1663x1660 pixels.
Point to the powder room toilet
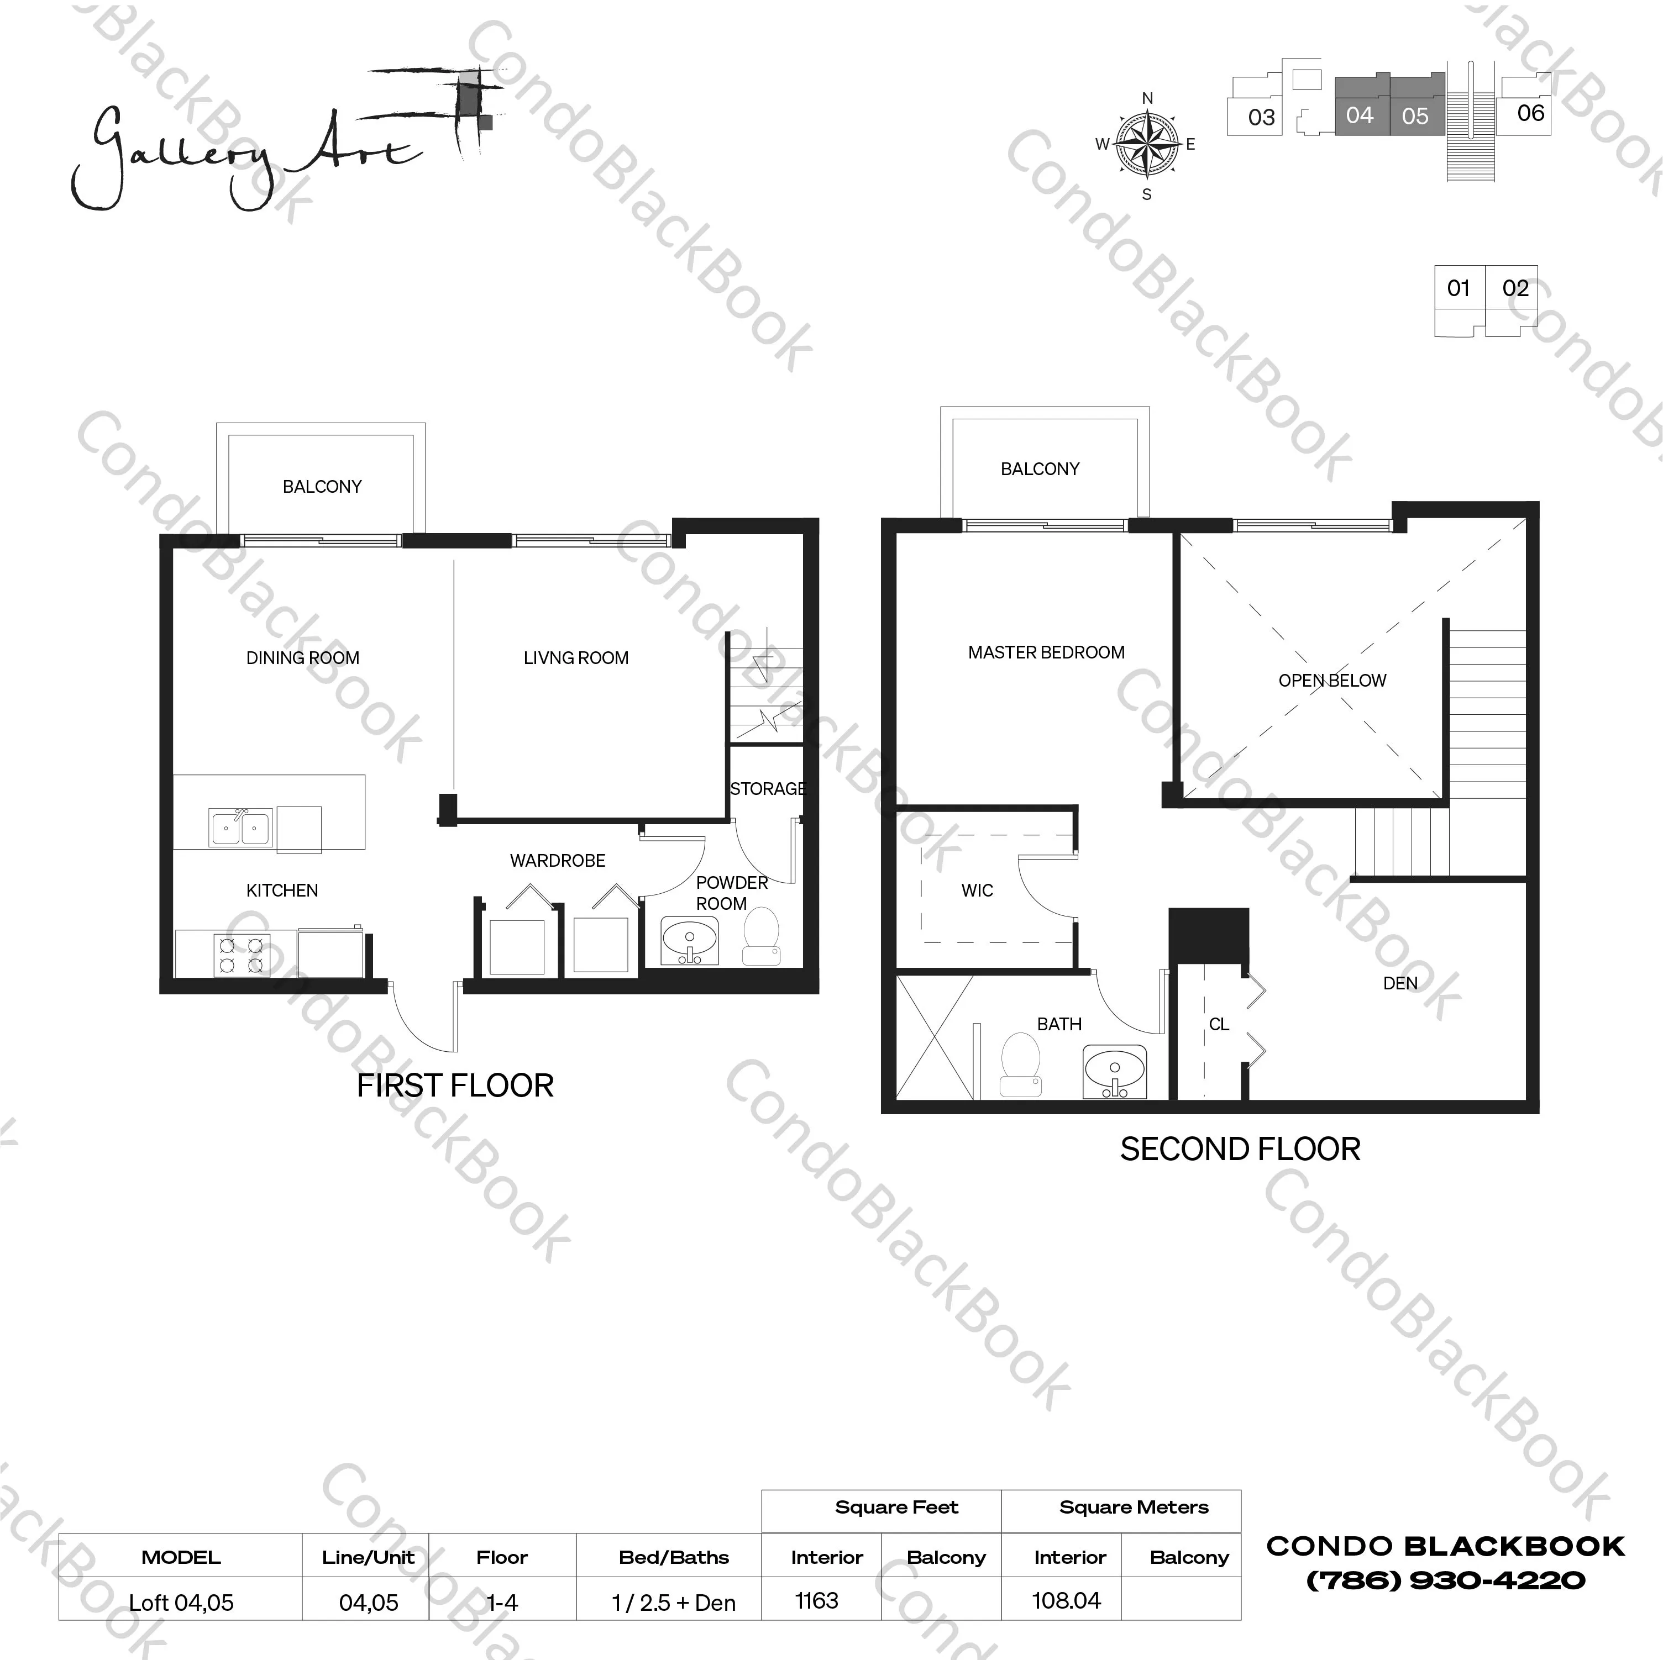tap(761, 936)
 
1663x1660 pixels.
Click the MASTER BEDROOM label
tap(1045, 652)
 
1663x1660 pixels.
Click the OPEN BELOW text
tap(1331, 681)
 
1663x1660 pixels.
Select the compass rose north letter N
tap(1147, 98)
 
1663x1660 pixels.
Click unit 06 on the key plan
tap(1530, 113)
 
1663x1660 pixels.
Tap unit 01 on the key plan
tap(1458, 288)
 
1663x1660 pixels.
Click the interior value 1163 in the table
tap(816, 1601)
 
